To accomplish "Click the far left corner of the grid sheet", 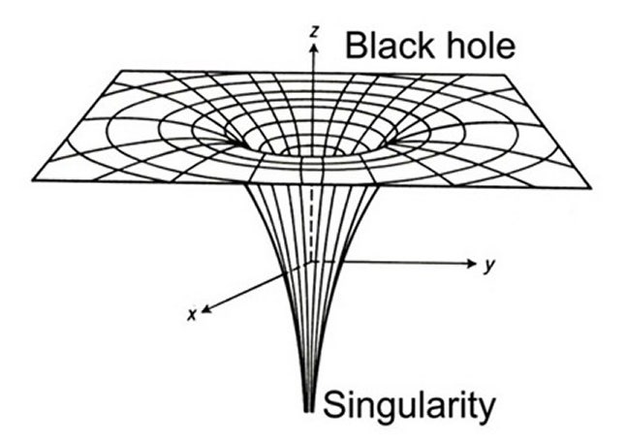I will pos(33,178).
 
